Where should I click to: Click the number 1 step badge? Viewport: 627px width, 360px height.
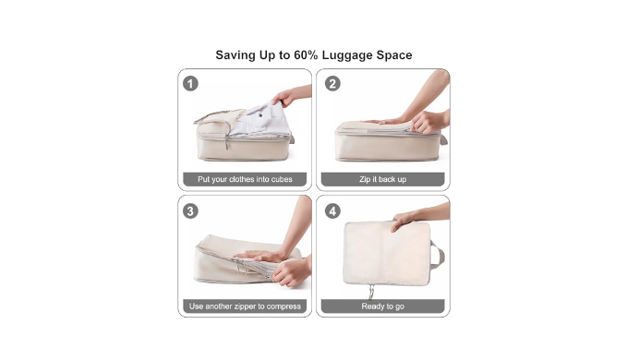(x=190, y=84)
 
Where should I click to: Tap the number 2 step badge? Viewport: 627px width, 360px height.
(x=332, y=84)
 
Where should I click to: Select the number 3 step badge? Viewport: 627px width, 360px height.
(x=190, y=211)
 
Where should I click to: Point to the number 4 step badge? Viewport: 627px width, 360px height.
(x=332, y=211)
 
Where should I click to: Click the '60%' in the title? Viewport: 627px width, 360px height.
(x=306, y=55)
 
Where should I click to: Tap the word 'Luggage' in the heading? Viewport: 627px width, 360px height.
(x=346, y=55)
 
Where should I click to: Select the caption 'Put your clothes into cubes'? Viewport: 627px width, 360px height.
(x=245, y=179)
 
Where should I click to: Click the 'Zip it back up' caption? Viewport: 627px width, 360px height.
(x=382, y=179)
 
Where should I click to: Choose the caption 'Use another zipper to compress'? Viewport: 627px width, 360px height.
(x=245, y=306)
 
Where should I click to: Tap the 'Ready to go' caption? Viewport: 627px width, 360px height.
(x=382, y=306)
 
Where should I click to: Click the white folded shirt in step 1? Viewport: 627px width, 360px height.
(x=259, y=120)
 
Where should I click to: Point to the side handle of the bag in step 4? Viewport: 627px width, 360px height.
(x=438, y=254)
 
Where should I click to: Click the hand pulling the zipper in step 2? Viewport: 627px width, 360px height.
(x=427, y=122)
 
